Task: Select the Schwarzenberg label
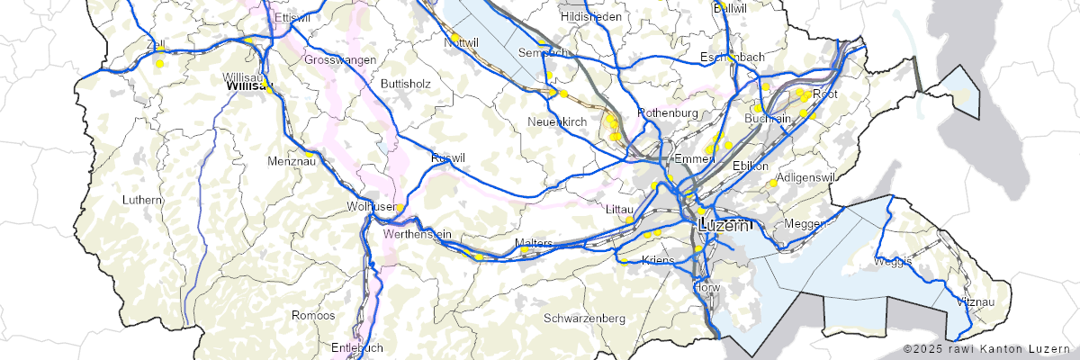(x=585, y=319)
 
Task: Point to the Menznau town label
(x=290, y=161)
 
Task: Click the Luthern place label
(x=144, y=199)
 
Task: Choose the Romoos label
(x=313, y=316)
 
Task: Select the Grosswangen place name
(x=340, y=59)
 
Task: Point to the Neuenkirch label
(x=557, y=121)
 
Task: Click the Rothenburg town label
(x=668, y=112)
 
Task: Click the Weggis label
(x=893, y=262)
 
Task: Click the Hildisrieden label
(x=591, y=17)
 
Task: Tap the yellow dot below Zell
(x=159, y=64)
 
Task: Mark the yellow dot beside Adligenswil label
(x=772, y=183)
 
